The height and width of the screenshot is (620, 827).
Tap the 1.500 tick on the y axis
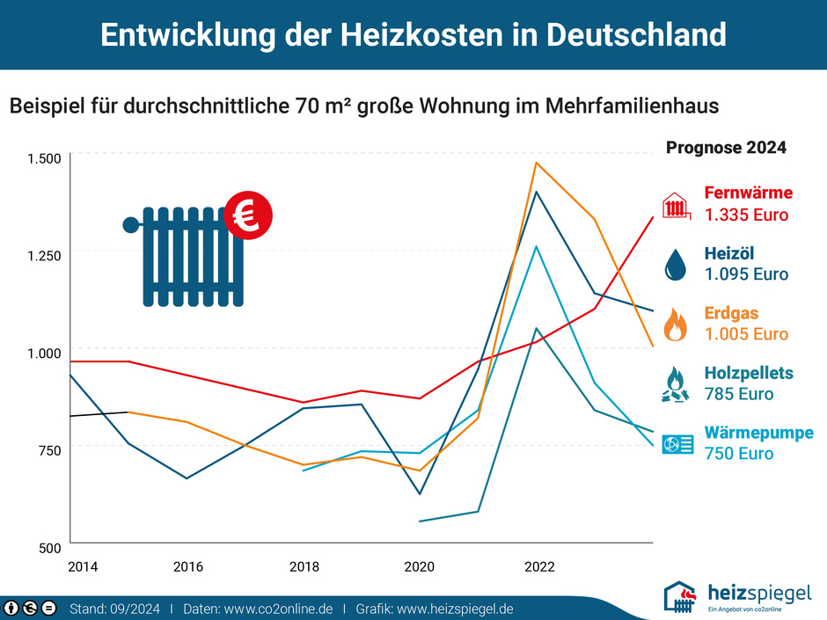(x=44, y=158)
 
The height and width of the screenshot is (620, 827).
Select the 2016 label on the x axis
(x=188, y=567)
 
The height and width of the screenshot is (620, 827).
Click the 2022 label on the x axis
(x=539, y=567)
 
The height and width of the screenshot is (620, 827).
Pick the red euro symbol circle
(x=248, y=215)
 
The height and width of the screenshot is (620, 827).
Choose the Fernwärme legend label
(x=748, y=193)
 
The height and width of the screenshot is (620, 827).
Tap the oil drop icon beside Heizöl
(x=675, y=264)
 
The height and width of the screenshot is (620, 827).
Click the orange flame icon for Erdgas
(x=675, y=324)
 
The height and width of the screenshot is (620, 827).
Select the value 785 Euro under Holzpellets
(x=739, y=394)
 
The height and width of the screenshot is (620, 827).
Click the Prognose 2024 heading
(x=726, y=148)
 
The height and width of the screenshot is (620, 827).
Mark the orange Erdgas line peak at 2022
(x=536, y=163)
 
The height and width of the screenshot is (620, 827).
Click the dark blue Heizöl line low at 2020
(x=420, y=493)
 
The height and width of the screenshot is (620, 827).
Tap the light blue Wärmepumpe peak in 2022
(x=536, y=246)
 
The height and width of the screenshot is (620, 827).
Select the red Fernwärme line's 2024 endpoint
(x=652, y=216)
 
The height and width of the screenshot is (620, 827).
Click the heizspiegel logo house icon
(x=683, y=596)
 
